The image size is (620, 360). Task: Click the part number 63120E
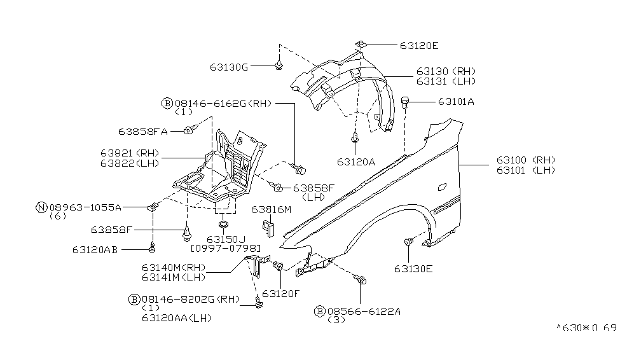(419, 46)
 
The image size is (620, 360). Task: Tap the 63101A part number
(456, 101)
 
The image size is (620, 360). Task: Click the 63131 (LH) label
(446, 81)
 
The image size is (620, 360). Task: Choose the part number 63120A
(355, 162)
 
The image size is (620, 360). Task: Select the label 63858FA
(142, 132)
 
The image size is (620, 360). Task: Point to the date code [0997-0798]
(216, 247)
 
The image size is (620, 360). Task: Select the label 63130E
(413, 268)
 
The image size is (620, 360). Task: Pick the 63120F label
(281, 293)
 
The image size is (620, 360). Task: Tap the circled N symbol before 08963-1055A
(41, 207)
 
